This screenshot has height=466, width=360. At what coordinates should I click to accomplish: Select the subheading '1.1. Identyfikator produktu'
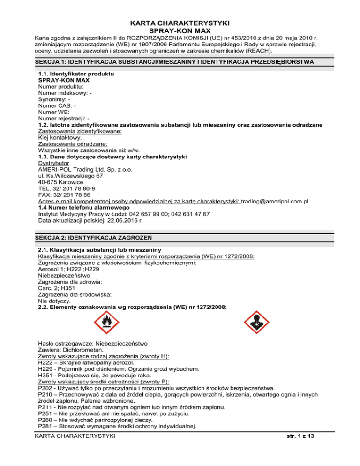[76, 74]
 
